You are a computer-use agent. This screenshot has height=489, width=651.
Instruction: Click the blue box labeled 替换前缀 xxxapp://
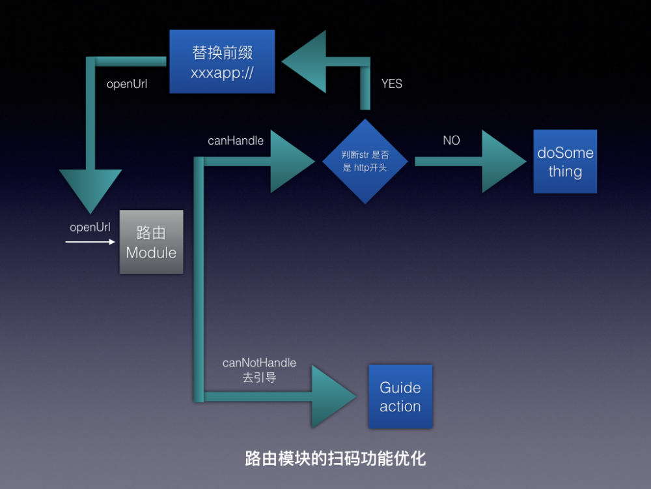(x=222, y=62)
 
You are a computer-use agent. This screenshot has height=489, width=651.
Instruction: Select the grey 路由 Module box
(x=151, y=242)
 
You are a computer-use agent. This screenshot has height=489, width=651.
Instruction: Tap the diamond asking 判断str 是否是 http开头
(x=365, y=161)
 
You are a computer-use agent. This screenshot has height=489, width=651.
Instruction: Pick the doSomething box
(x=565, y=161)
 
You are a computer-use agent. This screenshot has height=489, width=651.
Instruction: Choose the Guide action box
(x=400, y=396)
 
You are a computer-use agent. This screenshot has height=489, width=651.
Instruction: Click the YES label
(x=391, y=83)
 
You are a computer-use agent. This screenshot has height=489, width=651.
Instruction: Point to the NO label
(x=451, y=140)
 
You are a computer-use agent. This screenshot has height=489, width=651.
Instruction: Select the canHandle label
(x=236, y=140)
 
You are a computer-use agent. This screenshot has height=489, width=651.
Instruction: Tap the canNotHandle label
(x=259, y=363)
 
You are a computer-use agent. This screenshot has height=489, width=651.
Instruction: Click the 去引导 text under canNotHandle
(x=259, y=378)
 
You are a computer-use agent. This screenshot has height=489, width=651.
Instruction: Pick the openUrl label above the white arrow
(x=90, y=228)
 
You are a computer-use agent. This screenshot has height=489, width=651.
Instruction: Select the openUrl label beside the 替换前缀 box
(x=126, y=83)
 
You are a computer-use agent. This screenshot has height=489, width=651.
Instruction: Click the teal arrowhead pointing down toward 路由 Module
(x=90, y=189)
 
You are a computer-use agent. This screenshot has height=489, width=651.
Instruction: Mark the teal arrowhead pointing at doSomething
(x=502, y=161)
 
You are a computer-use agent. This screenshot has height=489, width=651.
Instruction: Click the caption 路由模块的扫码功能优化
(x=335, y=458)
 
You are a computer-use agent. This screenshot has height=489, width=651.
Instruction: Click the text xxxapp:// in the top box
(x=222, y=72)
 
